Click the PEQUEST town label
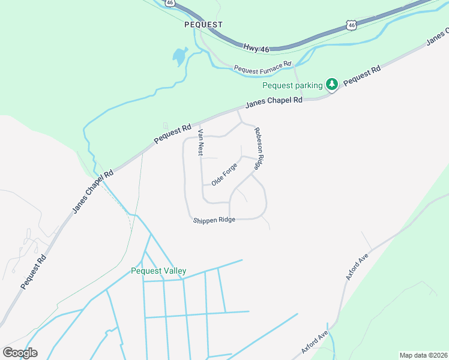point(203,25)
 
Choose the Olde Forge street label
point(224,175)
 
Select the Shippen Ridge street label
point(214,221)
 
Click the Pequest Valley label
point(158,271)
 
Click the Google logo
point(20,353)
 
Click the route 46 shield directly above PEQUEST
point(170,3)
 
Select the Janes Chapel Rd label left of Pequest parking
point(274,102)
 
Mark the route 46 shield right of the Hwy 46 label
point(351,25)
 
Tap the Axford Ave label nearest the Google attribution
point(315,343)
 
